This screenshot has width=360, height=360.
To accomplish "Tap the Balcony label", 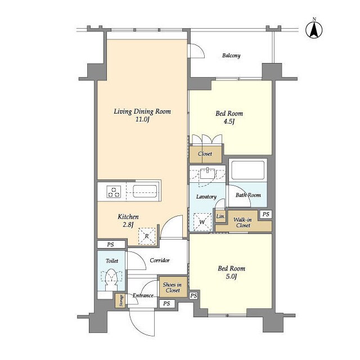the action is [x=231, y=56].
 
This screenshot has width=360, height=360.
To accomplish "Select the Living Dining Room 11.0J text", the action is [x=142, y=115].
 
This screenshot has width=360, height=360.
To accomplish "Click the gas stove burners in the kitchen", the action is [x=114, y=192].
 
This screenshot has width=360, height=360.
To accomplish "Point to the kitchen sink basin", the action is [x=145, y=191].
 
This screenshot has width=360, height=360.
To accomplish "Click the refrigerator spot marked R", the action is [x=147, y=236].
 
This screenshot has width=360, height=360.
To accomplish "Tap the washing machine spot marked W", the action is [x=202, y=222].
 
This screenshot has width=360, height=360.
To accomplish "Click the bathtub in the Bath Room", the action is [x=248, y=170].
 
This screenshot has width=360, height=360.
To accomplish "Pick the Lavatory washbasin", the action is [x=208, y=174].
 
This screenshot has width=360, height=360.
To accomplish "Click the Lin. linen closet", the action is [x=220, y=216].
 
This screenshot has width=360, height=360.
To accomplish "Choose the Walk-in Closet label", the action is [x=242, y=223].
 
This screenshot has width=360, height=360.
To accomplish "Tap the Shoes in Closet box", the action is [x=173, y=286].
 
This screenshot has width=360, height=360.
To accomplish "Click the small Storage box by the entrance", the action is [x=120, y=300].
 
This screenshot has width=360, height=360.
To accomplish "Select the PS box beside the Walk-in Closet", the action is [x=265, y=214].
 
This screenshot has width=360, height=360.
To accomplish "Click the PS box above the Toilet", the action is [x=111, y=245].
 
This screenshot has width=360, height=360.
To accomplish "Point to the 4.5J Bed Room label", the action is [x=229, y=118].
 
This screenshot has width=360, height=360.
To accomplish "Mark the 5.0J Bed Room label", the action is [x=231, y=272].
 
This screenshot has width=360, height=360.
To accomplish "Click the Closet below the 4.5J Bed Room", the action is [x=205, y=154].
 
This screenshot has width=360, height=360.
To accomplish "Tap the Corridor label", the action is [x=160, y=260].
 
